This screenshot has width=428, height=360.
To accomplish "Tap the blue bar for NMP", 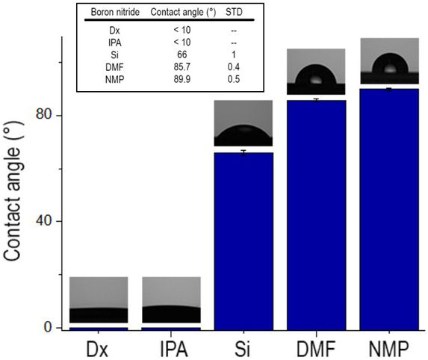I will click(388, 209).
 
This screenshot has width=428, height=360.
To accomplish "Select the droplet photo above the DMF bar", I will click(316, 72).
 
